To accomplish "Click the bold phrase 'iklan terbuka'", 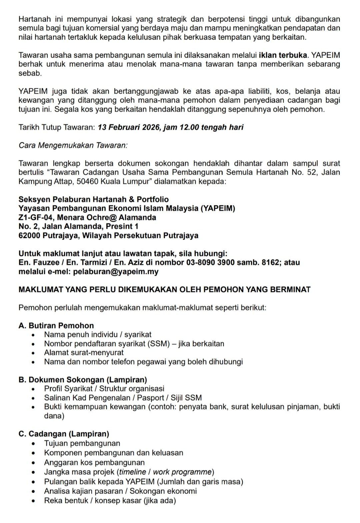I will (x=283, y=55).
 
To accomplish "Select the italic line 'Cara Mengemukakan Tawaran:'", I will (x=73, y=145).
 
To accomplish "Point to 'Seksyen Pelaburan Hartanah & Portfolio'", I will (x=94, y=199).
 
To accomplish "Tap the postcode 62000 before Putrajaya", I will (x=29, y=235).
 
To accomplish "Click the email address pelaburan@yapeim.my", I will (x=116, y=271).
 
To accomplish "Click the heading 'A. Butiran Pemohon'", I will (x=56, y=325).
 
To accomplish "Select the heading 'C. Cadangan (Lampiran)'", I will (x=64, y=434).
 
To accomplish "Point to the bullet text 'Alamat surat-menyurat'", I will (x=84, y=352).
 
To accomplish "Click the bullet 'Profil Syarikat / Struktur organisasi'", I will (x=104, y=388).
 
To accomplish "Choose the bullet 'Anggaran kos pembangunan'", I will (x=94, y=462).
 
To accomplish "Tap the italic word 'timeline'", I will (x=133, y=472).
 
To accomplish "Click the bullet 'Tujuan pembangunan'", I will (x=82, y=443).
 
